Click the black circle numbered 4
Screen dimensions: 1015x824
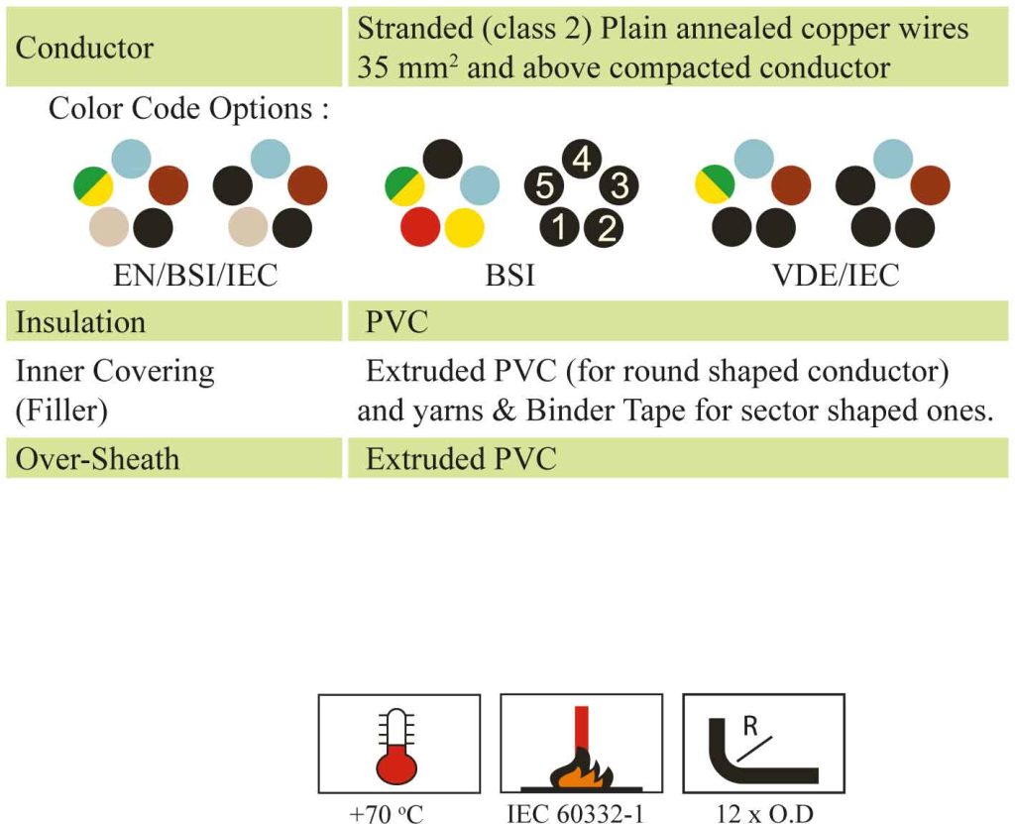click(x=582, y=159)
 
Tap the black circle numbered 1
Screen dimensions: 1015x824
click(x=560, y=227)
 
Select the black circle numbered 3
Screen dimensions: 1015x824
click(x=619, y=184)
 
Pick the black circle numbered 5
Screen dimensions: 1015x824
click(x=544, y=185)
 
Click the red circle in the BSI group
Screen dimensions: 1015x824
click(x=420, y=227)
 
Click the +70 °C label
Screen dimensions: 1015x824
click(x=387, y=813)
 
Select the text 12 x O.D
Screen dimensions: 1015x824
click(x=764, y=813)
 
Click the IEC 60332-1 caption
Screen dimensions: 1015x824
click(x=576, y=813)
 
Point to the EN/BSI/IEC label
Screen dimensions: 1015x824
click(x=195, y=276)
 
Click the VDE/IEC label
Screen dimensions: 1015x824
click(x=836, y=276)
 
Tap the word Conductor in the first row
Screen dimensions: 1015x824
click(x=84, y=48)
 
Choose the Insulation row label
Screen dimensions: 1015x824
click(x=80, y=322)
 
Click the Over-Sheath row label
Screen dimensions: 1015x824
click(x=97, y=459)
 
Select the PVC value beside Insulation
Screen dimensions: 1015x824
click(x=396, y=322)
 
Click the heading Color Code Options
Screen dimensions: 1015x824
click(x=188, y=108)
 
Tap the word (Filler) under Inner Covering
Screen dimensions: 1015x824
click(x=61, y=411)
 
